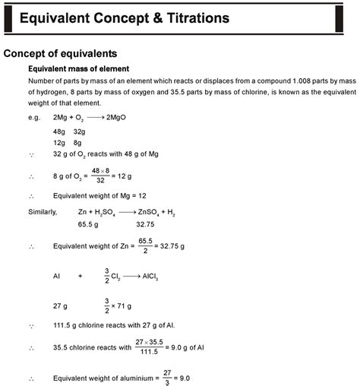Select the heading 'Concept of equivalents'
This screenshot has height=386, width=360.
60,54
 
